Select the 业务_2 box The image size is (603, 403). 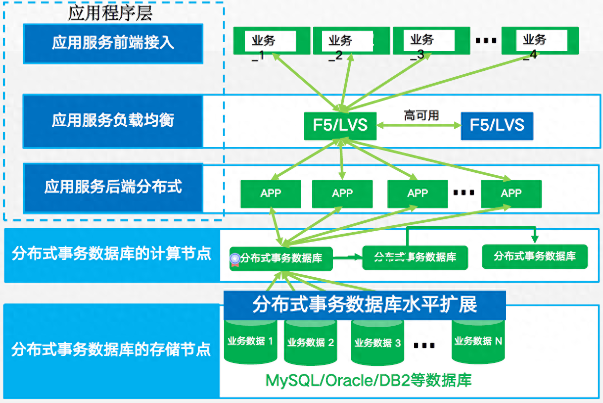point(349,41)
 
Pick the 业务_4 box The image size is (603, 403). point(539,41)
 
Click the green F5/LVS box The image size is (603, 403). point(340,125)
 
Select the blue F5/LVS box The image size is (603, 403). point(497,125)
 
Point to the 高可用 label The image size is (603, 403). point(421,115)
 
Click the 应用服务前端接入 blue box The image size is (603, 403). point(113,43)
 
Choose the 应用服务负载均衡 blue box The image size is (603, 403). point(113,121)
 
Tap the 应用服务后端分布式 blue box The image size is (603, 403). point(113,187)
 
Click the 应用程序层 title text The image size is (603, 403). point(110,13)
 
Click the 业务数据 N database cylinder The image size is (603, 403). point(478,341)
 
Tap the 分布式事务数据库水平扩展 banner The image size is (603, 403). point(365,304)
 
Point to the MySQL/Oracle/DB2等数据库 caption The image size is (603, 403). point(369,380)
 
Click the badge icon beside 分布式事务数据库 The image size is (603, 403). point(235,258)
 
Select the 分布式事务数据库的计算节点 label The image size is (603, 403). point(111,254)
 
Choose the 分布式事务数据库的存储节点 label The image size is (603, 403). point(111,350)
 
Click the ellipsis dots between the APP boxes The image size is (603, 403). point(464,193)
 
